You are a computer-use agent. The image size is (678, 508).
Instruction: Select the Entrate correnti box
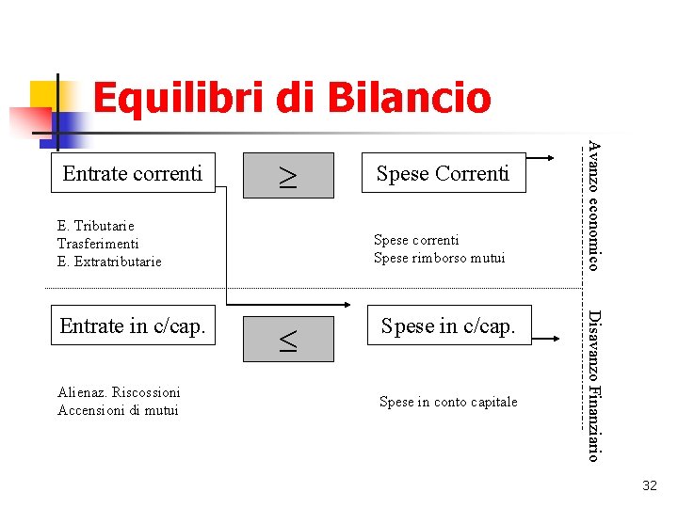[x=133, y=173]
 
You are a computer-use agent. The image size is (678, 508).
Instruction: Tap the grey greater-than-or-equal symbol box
[x=287, y=175]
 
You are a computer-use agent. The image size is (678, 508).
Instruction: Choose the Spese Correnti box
[x=443, y=173]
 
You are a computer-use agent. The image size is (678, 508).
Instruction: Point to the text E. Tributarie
[x=96, y=226]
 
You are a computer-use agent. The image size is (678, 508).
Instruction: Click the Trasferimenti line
[x=98, y=244]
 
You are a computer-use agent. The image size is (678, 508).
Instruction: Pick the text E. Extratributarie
[x=109, y=262]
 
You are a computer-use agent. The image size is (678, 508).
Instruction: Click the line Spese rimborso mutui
[x=439, y=258]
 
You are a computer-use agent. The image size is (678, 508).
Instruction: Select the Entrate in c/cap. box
[x=133, y=326]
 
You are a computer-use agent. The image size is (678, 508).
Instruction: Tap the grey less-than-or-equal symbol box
[x=287, y=339]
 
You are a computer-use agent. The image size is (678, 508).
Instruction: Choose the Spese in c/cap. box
[x=448, y=326]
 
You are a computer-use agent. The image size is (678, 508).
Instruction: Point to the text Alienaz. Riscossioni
[x=119, y=392]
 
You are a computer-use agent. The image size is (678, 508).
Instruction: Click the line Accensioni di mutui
[x=118, y=409]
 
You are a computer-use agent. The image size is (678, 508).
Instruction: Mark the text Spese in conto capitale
[x=448, y=402]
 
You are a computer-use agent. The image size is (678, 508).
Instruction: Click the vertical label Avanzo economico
[x=593, y=204]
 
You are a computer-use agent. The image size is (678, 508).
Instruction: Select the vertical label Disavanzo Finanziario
[x=593, y=385]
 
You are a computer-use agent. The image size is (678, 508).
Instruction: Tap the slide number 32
[x=649, y=485]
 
